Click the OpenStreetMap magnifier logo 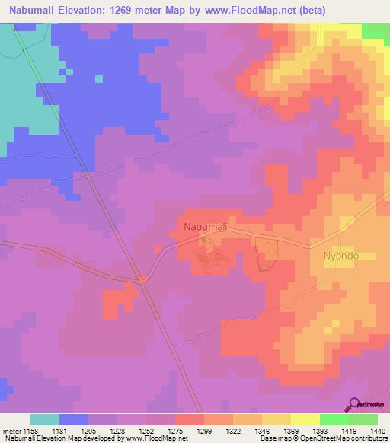[355, 403]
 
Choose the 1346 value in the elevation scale [261, 431]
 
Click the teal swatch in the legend [44, 419]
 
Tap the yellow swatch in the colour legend [305, 419]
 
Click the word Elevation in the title [84, 10]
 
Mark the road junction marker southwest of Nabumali [142, 279]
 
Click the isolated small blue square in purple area [99, 78]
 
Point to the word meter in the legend [11, 431]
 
